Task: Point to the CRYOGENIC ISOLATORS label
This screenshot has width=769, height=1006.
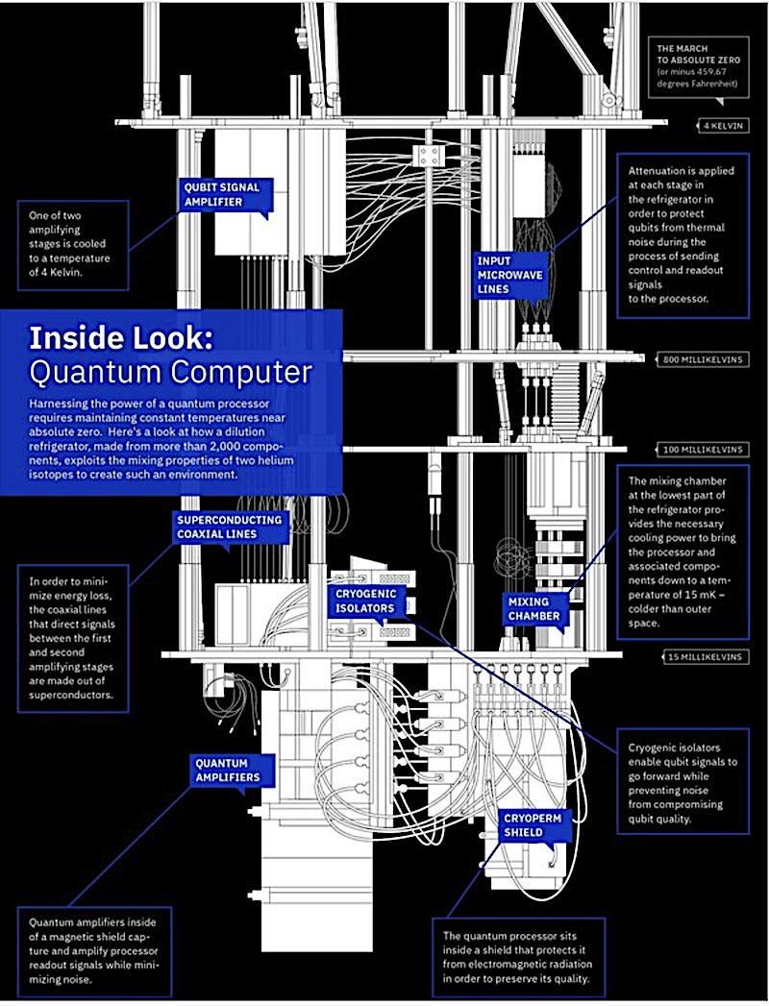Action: (x=365, y=601)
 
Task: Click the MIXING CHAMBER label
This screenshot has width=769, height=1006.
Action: (x=533, y=608)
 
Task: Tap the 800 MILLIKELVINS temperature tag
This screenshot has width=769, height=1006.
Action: (x=704, y=360)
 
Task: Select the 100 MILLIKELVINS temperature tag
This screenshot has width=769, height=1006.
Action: (x=704, y=449)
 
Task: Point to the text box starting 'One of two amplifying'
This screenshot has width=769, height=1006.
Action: (x=71, y=244)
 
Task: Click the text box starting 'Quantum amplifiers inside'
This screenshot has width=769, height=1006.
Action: (x=93, y=946)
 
